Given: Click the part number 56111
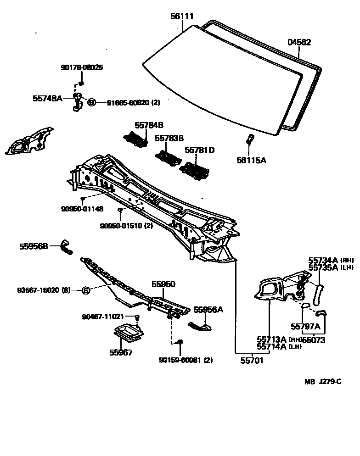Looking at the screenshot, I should click(182, 17).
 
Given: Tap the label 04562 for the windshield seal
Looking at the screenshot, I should click(299, 43).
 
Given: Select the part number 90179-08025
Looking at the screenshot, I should click(82, 67).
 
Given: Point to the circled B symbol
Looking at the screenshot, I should click(91, 103).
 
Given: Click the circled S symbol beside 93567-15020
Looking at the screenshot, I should click(85, 290).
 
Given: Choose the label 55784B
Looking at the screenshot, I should click(149, 125).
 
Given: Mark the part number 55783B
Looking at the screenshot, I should click(169, 138).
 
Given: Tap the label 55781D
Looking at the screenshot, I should click(200, 150).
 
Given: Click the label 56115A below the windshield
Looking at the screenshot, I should click(252, 160).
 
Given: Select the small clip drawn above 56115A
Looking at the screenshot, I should click(249, 138).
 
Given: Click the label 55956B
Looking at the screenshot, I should click(34, 246).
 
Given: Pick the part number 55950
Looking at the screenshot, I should click(163, 284).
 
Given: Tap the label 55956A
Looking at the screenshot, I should click(208, 310).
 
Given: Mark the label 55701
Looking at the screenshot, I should click(252, 361).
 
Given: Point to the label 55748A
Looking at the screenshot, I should click(47, 98).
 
